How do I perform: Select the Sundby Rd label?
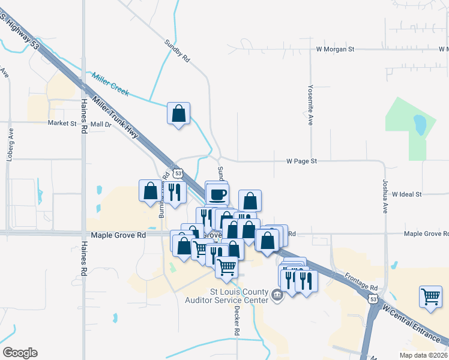[x=177, y=52]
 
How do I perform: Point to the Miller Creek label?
[x=110, y=84]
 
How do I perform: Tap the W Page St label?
[x=301, y=161]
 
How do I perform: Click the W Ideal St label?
[x=407, y=194]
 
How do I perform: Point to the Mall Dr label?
[x=101, y=124]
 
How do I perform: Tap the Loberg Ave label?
[x=10, y=141]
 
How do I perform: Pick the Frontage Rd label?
[x=361, y=280]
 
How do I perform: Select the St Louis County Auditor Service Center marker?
[x=277, y=294]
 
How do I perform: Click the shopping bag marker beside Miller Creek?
[x=178, y=113]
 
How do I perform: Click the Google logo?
[x=20, y=353]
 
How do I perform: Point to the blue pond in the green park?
[x=420, y=125]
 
